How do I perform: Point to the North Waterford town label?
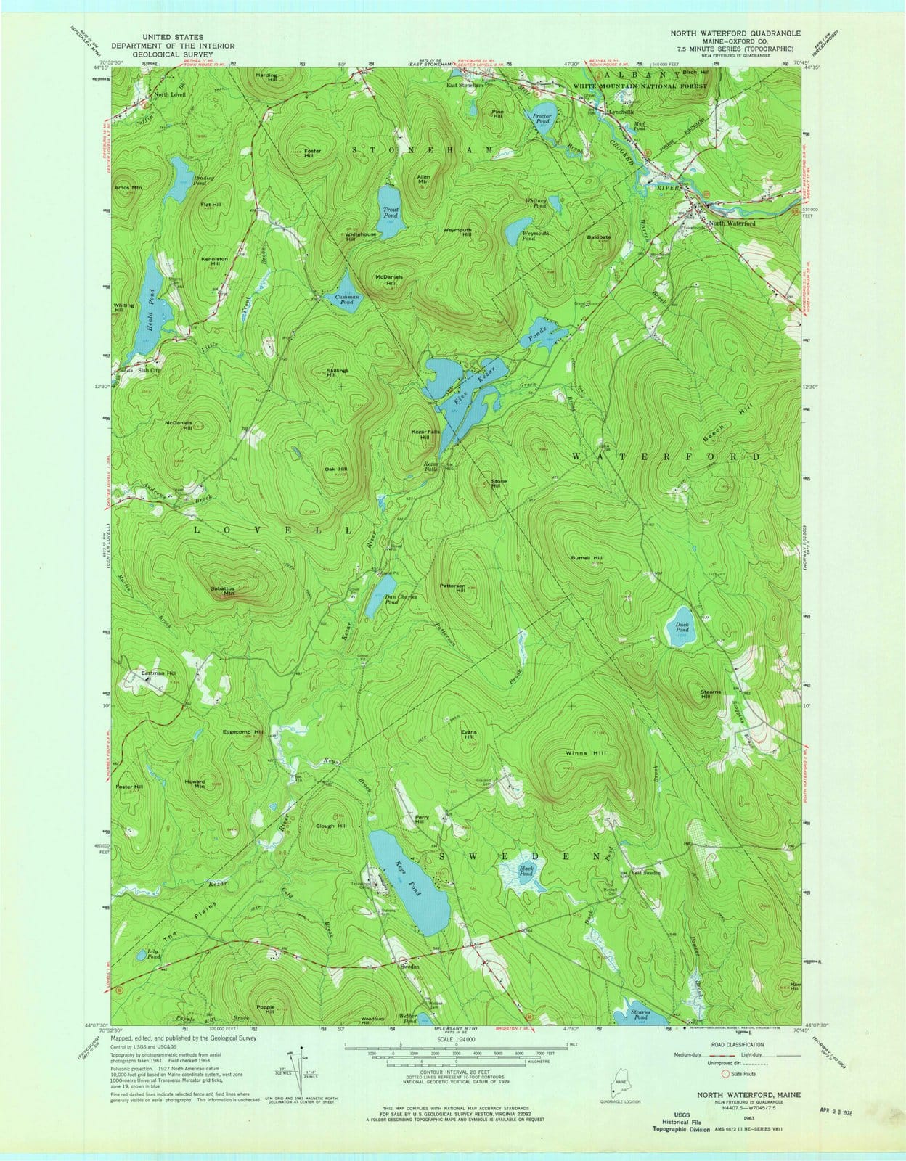[x=732, y=223]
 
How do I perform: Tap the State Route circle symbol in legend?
[x=725, y=1074]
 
